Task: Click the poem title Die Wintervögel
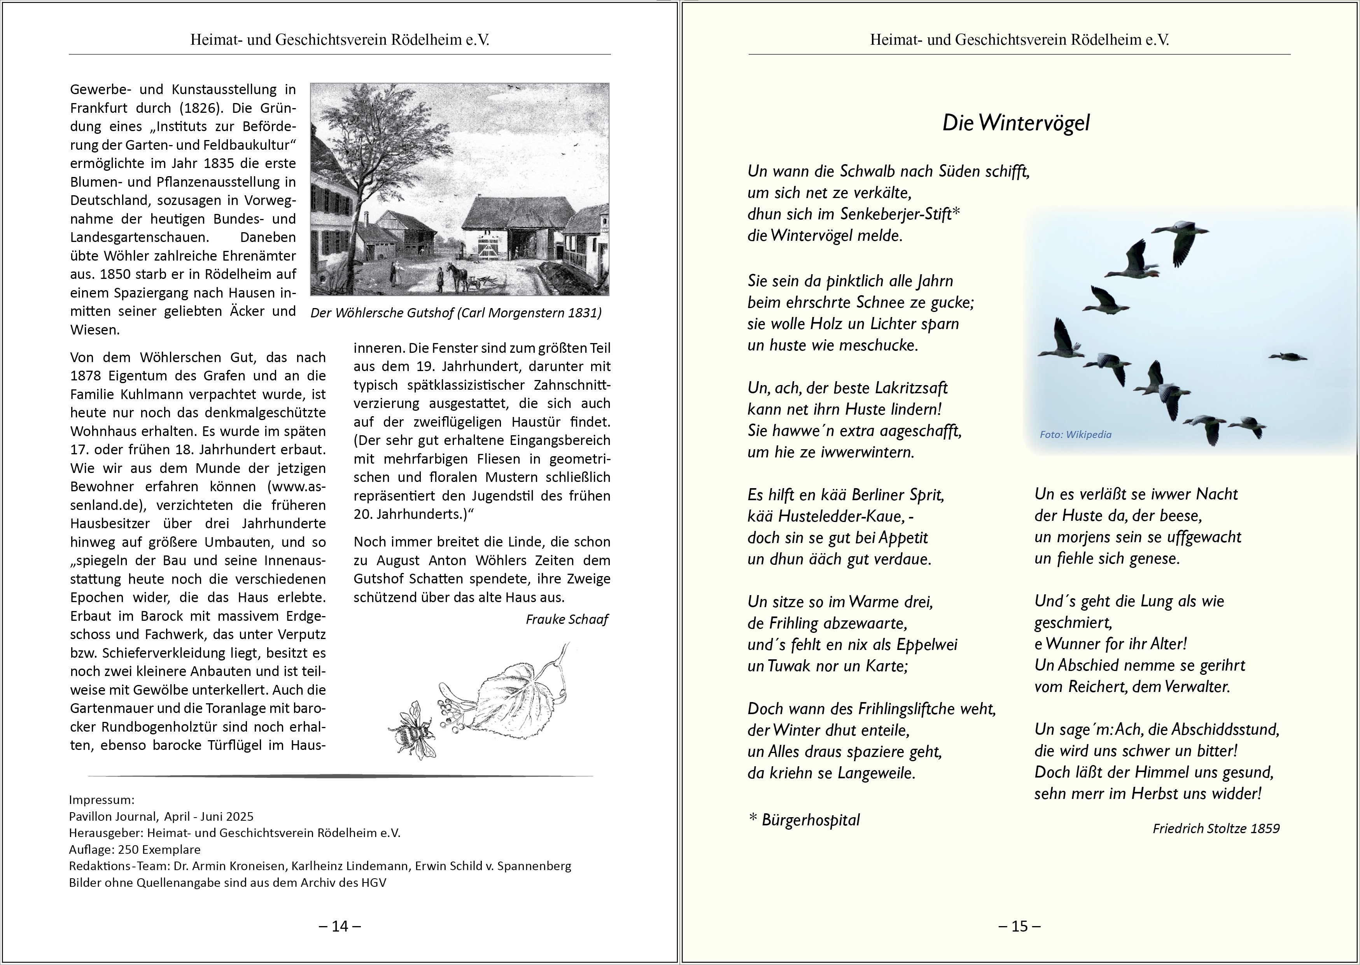(1016, 123)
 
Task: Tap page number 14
(340, 926)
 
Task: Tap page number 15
(1020, 926)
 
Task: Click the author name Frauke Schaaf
(567, 620)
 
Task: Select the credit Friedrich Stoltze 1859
(1216, 828)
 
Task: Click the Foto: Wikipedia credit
(1075, 434)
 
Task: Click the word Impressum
(102, 800)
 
